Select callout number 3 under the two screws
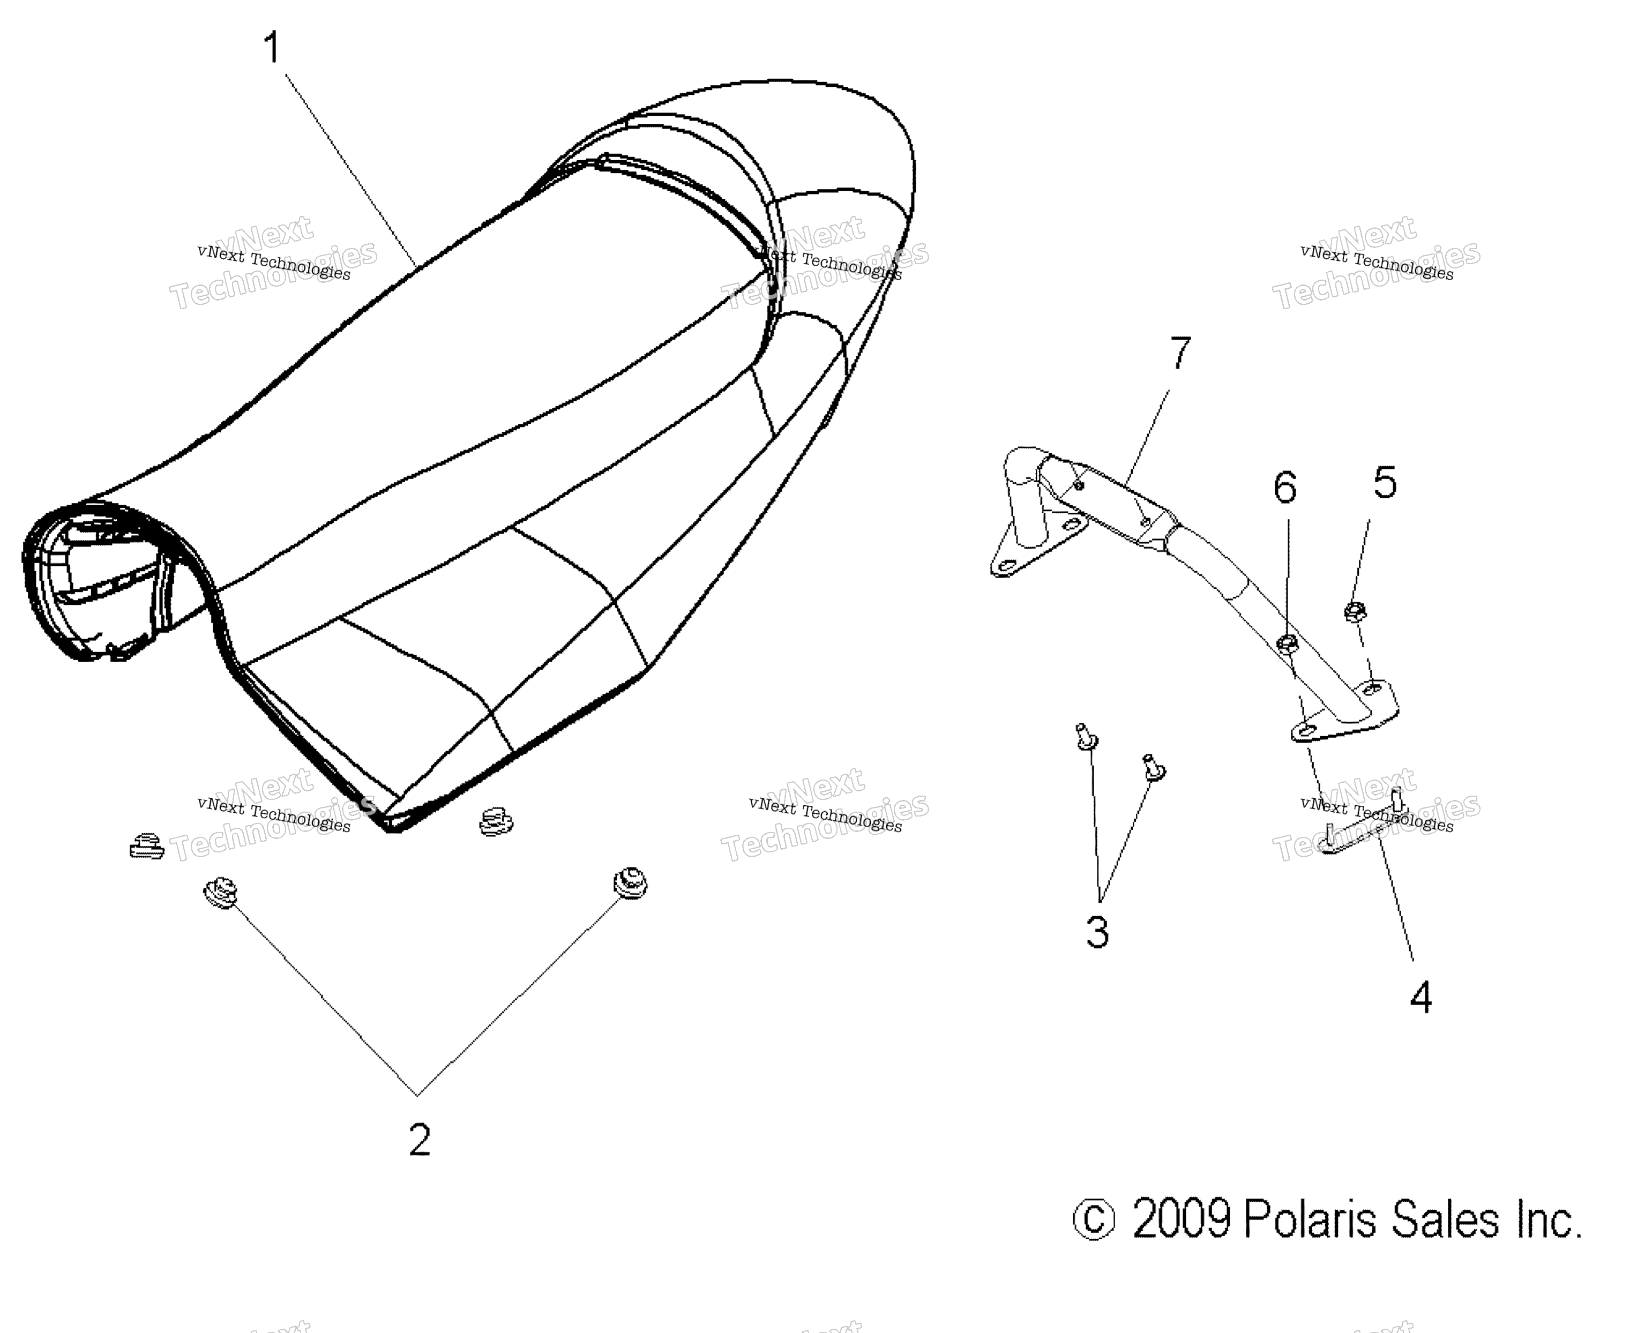tap(1097, 932)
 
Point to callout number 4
tap(1420, 998)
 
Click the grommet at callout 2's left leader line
tap(220, 892)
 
